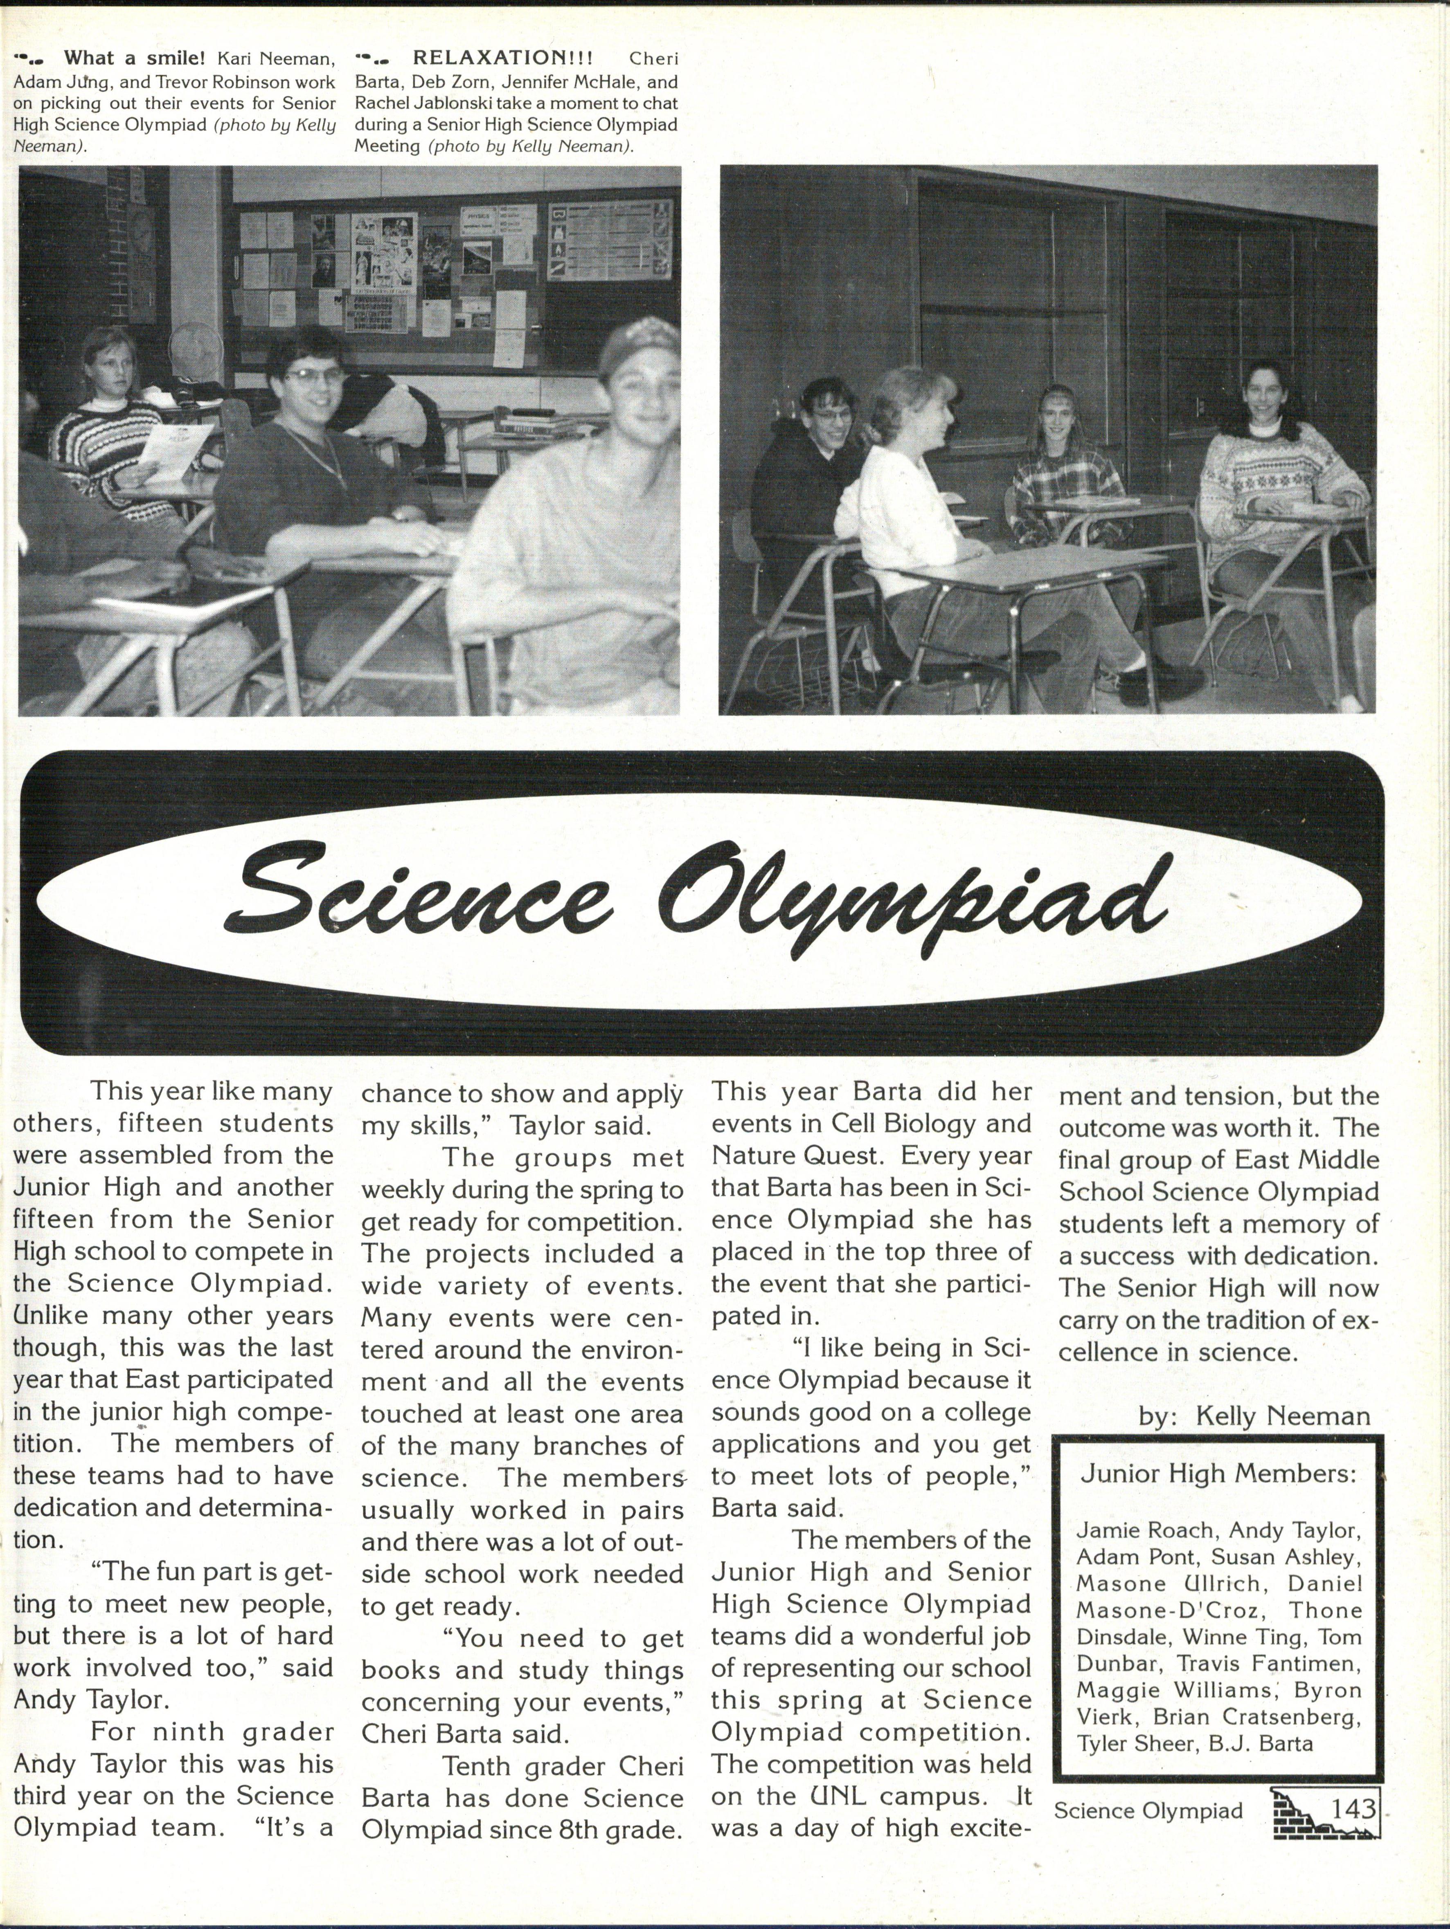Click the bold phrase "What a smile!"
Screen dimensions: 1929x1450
click(x=134, y=58)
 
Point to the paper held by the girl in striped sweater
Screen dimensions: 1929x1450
click(x=173, y=451)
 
